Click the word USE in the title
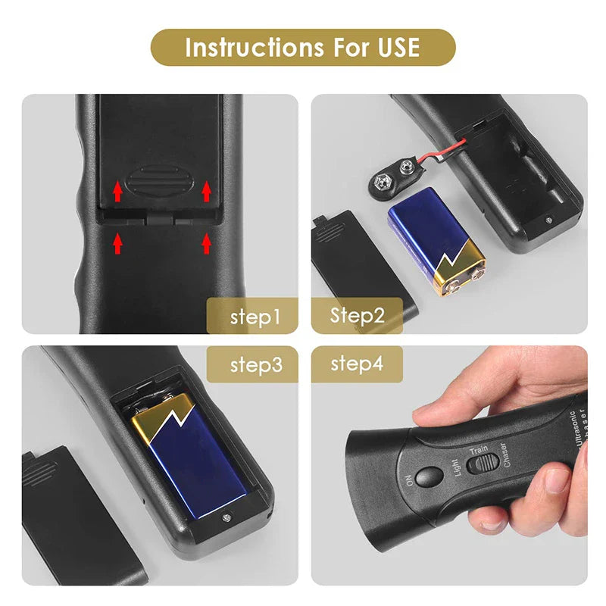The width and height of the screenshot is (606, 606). coord(399,48)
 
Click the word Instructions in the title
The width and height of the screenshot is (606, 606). coord(255,48)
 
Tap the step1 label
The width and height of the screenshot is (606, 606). coord(255,317)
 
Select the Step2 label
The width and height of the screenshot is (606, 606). coord(357,315)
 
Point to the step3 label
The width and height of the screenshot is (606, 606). coord(256,365)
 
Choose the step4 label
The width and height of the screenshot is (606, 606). coord(357,364)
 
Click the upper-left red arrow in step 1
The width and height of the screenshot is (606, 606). coord(118,192)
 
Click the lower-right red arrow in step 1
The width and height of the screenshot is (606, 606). coord(206,243)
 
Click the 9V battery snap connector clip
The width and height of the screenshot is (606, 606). coord(394,177)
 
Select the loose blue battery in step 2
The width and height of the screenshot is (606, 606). coord(436,241)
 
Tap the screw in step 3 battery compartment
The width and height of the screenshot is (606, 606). coord(226,517)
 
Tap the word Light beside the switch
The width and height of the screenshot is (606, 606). coord(456,467)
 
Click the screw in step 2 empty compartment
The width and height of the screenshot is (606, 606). coord(548,220)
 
